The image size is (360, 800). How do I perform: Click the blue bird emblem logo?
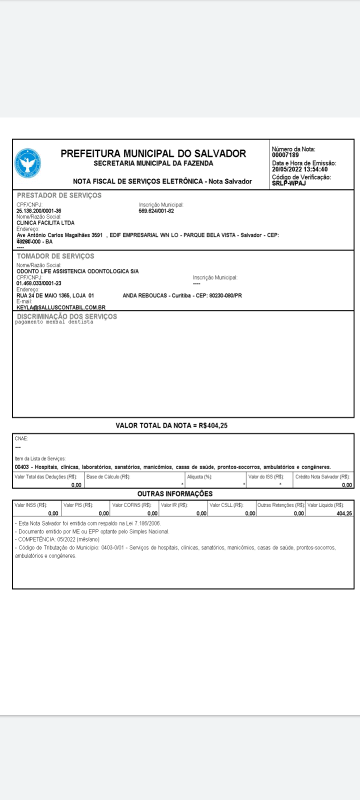28,163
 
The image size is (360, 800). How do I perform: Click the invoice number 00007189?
285,155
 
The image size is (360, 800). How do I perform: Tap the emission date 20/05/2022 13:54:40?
299,169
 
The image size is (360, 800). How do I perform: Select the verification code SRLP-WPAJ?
289,183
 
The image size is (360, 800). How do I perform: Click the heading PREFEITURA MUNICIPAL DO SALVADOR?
153,153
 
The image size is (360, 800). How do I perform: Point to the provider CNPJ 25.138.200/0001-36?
39,211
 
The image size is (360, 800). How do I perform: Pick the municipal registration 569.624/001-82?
156,211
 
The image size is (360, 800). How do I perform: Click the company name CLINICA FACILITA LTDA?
45,222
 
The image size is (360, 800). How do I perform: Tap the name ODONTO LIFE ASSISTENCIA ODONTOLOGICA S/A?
77,271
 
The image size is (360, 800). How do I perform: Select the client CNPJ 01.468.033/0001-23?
39,283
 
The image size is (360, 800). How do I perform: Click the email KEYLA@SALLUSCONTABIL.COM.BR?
61,307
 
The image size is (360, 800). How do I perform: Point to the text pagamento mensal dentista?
54,322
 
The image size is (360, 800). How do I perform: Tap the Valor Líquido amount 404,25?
344,513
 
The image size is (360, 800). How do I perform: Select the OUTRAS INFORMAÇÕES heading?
175,493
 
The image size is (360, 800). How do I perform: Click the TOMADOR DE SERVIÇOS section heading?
55,256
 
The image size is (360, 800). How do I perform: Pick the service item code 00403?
22,467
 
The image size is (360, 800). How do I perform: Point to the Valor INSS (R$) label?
31,505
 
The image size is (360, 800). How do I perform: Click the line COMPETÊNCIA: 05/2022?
57,539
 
